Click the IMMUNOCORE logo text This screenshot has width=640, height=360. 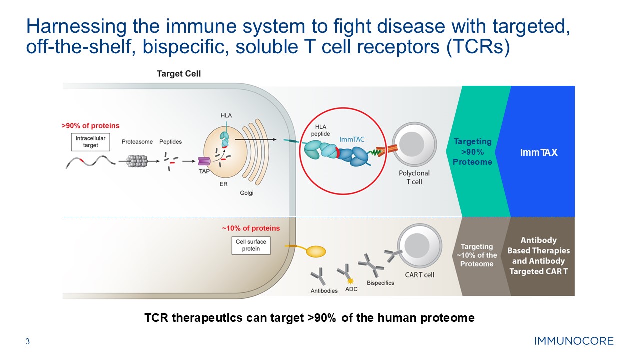click(574, 342)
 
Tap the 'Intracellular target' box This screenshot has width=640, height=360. click(87, 142)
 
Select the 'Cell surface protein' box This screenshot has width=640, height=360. click(251, 245)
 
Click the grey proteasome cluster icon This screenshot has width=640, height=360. click(137, 161)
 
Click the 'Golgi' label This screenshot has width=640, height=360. click(246, 193)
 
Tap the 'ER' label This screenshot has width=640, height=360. click(224, 184)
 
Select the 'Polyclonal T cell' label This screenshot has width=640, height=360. click(414, 177)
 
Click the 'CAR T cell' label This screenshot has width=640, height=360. click(419, 275)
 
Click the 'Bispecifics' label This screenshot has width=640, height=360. click(380, 283)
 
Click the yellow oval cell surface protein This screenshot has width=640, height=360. click(315, 251)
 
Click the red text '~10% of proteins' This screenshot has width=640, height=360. click(251, 228)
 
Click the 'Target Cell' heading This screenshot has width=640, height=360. click(179, 74)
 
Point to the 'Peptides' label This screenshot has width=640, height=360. click(170, 142)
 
